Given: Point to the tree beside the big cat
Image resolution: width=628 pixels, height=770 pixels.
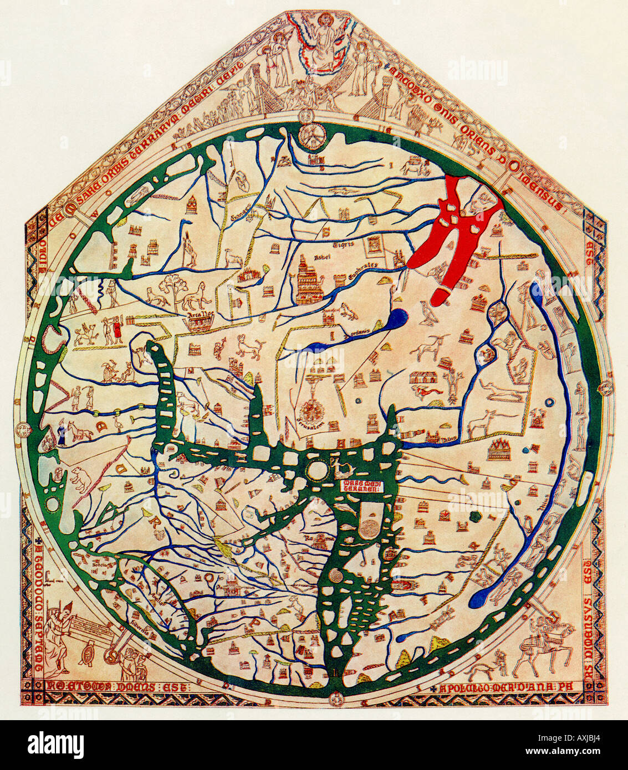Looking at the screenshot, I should [x=170, y=288].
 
